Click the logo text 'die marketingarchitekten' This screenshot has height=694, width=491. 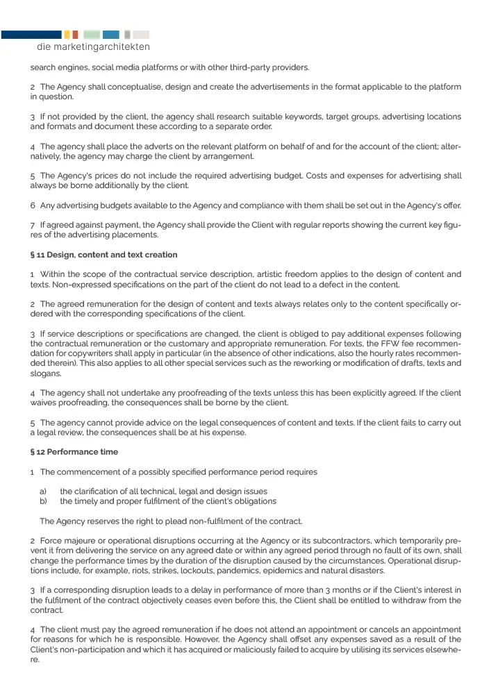[93, 47]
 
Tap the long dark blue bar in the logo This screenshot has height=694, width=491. [31, 34]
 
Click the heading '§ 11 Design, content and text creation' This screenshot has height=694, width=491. [103, 255]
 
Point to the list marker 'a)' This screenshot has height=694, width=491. [43, 491]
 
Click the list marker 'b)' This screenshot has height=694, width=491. [43, 501]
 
